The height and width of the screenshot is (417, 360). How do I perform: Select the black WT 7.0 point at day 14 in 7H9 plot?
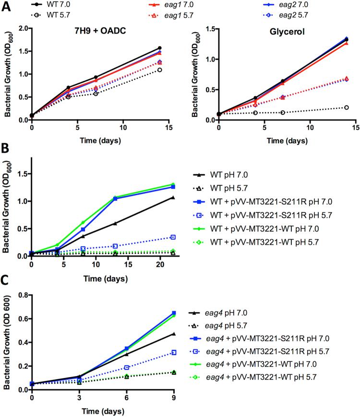pos(159,48)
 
